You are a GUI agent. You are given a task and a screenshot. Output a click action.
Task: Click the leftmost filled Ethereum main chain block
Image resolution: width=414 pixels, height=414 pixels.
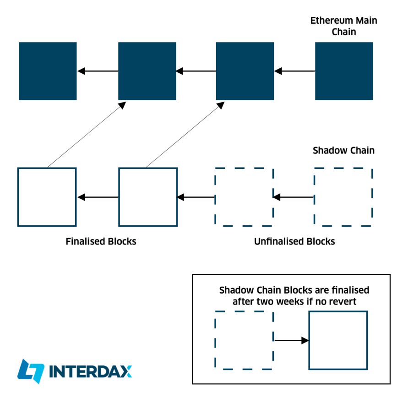[48, 71]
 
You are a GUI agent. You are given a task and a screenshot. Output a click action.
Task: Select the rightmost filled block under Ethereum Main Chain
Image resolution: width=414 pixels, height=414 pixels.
[344, 71]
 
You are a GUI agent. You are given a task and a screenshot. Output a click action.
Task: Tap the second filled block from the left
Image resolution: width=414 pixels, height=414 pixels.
[147, 71]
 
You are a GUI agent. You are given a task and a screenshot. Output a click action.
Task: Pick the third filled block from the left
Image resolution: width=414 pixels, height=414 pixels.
[245, 71]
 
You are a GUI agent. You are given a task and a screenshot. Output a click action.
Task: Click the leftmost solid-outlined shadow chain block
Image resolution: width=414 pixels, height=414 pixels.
[47, 197]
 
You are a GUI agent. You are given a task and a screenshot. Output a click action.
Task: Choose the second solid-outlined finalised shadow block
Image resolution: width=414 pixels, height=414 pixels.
[148, 197]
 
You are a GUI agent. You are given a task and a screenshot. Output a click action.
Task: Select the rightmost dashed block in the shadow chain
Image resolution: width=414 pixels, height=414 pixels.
[343, 197]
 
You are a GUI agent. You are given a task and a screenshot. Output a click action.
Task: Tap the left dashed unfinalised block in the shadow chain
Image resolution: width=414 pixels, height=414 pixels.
[244, 197]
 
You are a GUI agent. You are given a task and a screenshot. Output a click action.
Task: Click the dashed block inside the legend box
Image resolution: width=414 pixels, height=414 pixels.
[244, 340]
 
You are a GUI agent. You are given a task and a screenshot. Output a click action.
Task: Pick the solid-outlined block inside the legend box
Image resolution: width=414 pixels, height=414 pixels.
[338, 340]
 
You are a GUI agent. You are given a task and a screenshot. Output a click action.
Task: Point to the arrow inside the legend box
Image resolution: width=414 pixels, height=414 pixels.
[291, 340]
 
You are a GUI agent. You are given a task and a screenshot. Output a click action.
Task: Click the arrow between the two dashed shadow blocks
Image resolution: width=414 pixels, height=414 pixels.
[294, 197]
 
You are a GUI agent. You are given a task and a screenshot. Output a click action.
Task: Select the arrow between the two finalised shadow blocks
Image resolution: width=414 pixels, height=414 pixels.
[98, 197]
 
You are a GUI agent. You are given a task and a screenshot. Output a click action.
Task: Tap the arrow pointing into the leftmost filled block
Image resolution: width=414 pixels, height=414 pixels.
[98, 71]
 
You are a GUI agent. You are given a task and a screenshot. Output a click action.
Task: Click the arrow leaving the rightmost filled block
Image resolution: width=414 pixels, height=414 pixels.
[294, 71]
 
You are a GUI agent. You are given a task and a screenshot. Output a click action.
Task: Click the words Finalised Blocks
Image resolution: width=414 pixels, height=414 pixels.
[101, 241]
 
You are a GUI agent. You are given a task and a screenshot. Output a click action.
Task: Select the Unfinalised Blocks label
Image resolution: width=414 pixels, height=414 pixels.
[294, 241]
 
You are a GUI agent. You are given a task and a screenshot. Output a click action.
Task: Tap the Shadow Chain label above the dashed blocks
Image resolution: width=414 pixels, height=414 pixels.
[343, 151]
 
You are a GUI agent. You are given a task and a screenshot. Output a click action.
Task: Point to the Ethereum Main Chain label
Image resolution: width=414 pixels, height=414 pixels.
[343, 26]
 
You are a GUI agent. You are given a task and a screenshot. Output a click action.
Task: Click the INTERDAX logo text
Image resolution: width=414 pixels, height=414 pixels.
[90, 371]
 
